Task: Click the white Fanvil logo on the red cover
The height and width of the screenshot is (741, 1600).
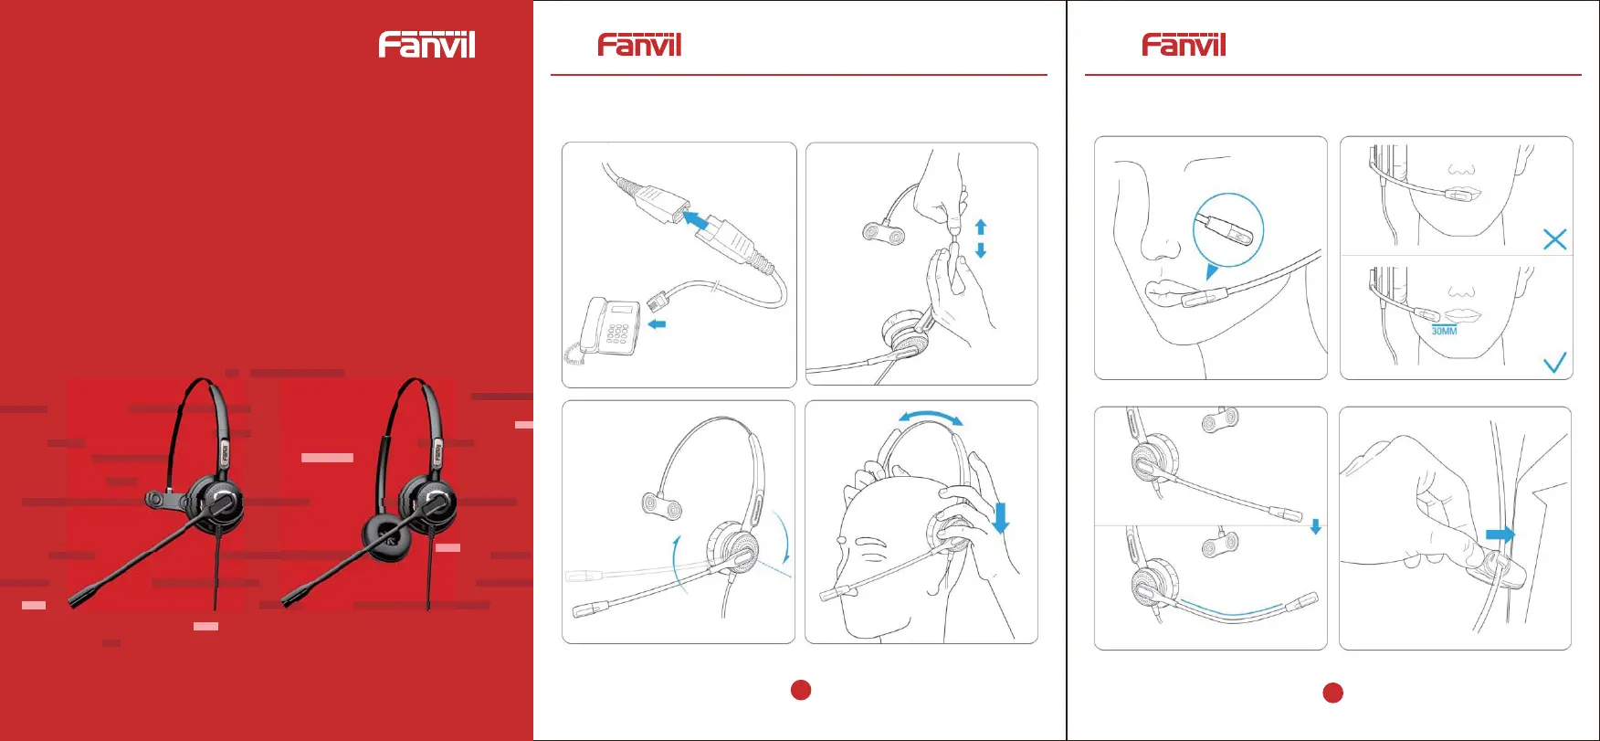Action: coord(426,45)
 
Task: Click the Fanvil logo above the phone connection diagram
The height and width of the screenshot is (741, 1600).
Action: coord(639,45)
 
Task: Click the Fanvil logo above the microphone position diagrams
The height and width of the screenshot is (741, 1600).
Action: coord(1184,45)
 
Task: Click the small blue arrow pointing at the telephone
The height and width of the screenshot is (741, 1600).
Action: coord(657,323)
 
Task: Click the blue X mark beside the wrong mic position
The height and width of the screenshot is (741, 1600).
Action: coord(1554,239)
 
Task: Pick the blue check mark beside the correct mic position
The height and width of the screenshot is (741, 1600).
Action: coord(1554,363)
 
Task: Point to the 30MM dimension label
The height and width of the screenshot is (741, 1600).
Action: coord(1444,331)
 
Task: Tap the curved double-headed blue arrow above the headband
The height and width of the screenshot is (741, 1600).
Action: coord(930,415)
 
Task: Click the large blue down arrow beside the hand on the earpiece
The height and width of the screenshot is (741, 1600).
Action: coord(1001,517)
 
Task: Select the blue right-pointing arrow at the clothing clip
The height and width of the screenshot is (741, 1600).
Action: coord(1500,535)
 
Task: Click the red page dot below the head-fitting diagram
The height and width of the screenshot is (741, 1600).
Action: coord(801,690)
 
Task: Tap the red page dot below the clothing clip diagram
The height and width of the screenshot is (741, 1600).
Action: coord(1333,693)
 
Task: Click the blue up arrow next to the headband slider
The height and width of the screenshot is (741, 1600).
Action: coord(981,226)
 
